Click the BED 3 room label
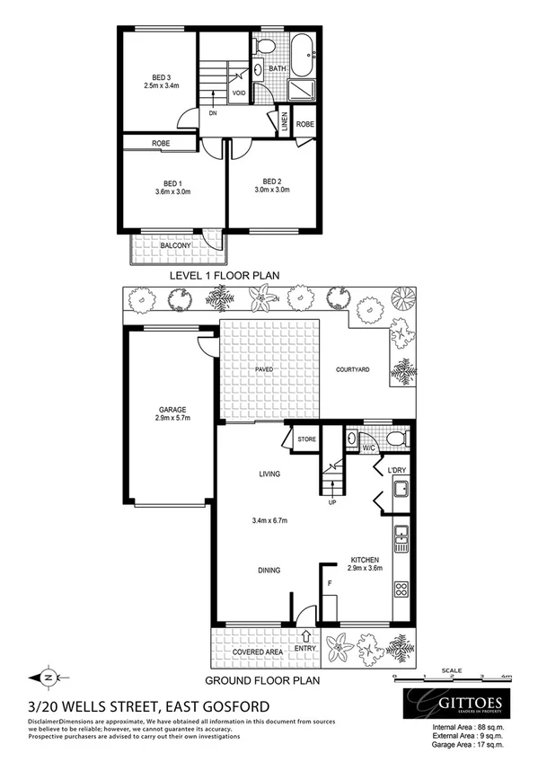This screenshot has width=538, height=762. coord(162,76)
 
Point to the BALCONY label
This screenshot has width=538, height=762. coord(175,245)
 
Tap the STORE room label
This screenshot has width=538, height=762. coord(307,439)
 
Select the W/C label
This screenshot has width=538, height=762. coord(367,447)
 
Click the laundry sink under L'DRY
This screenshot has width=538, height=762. coord(400,492)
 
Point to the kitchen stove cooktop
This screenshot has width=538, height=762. coord(401,590)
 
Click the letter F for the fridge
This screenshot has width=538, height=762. coord(331,584)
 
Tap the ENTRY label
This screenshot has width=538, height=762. coord(304,648)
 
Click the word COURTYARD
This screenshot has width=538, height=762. coord(354,368)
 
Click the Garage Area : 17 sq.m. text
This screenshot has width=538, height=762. coord(467,743)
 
